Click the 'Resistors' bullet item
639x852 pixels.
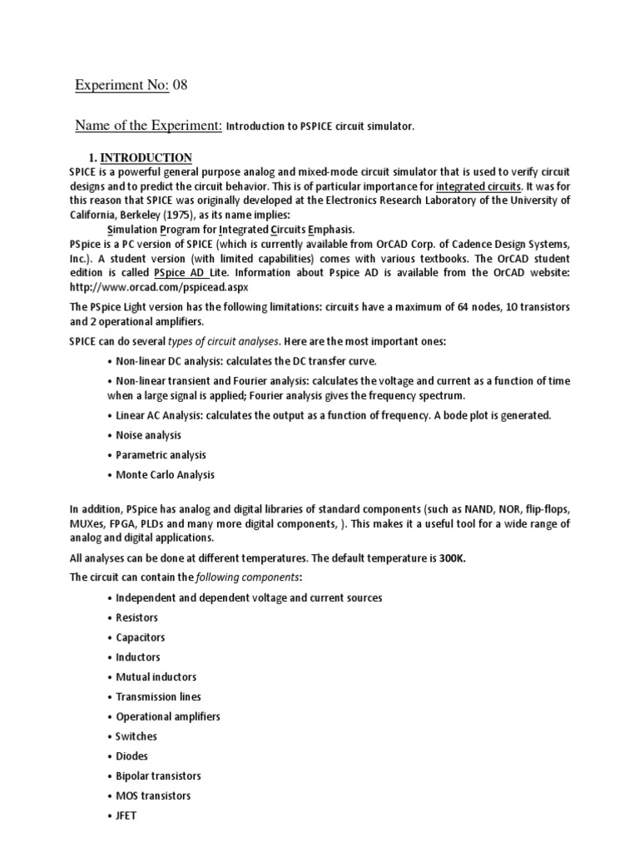[x=136, y=617]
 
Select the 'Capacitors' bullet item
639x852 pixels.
[x=140, y=637]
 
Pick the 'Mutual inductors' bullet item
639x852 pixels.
[x=156, y=677]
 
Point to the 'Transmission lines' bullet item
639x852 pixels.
[x=158, y=696]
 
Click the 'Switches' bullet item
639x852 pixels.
[x=136, y=736]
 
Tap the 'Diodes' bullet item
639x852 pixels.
[x=132, y=756]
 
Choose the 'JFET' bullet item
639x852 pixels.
[x=126, y=815]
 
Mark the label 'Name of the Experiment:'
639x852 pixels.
[x=148, y=126]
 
